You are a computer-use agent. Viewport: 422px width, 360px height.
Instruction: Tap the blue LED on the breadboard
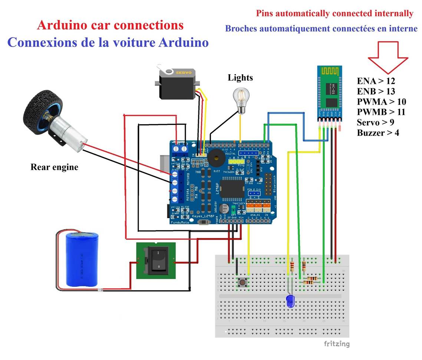point(290,301)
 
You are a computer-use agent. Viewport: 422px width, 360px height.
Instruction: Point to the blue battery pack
point(82,259)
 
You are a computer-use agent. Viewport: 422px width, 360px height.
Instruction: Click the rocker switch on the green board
point(155,261)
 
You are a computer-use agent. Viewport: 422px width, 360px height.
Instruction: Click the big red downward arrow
point(388,58)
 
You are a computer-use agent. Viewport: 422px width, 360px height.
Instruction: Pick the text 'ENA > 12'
point(376,81)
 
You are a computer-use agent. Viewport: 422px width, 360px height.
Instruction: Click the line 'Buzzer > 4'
point(378,133)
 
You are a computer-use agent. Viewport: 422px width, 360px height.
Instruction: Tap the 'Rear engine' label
point(55,167)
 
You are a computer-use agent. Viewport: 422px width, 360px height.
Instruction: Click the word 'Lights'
point(240,78)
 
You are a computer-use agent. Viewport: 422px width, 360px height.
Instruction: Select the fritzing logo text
point(336,344)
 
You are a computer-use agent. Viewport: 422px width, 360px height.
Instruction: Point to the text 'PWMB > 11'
point(381,112)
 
